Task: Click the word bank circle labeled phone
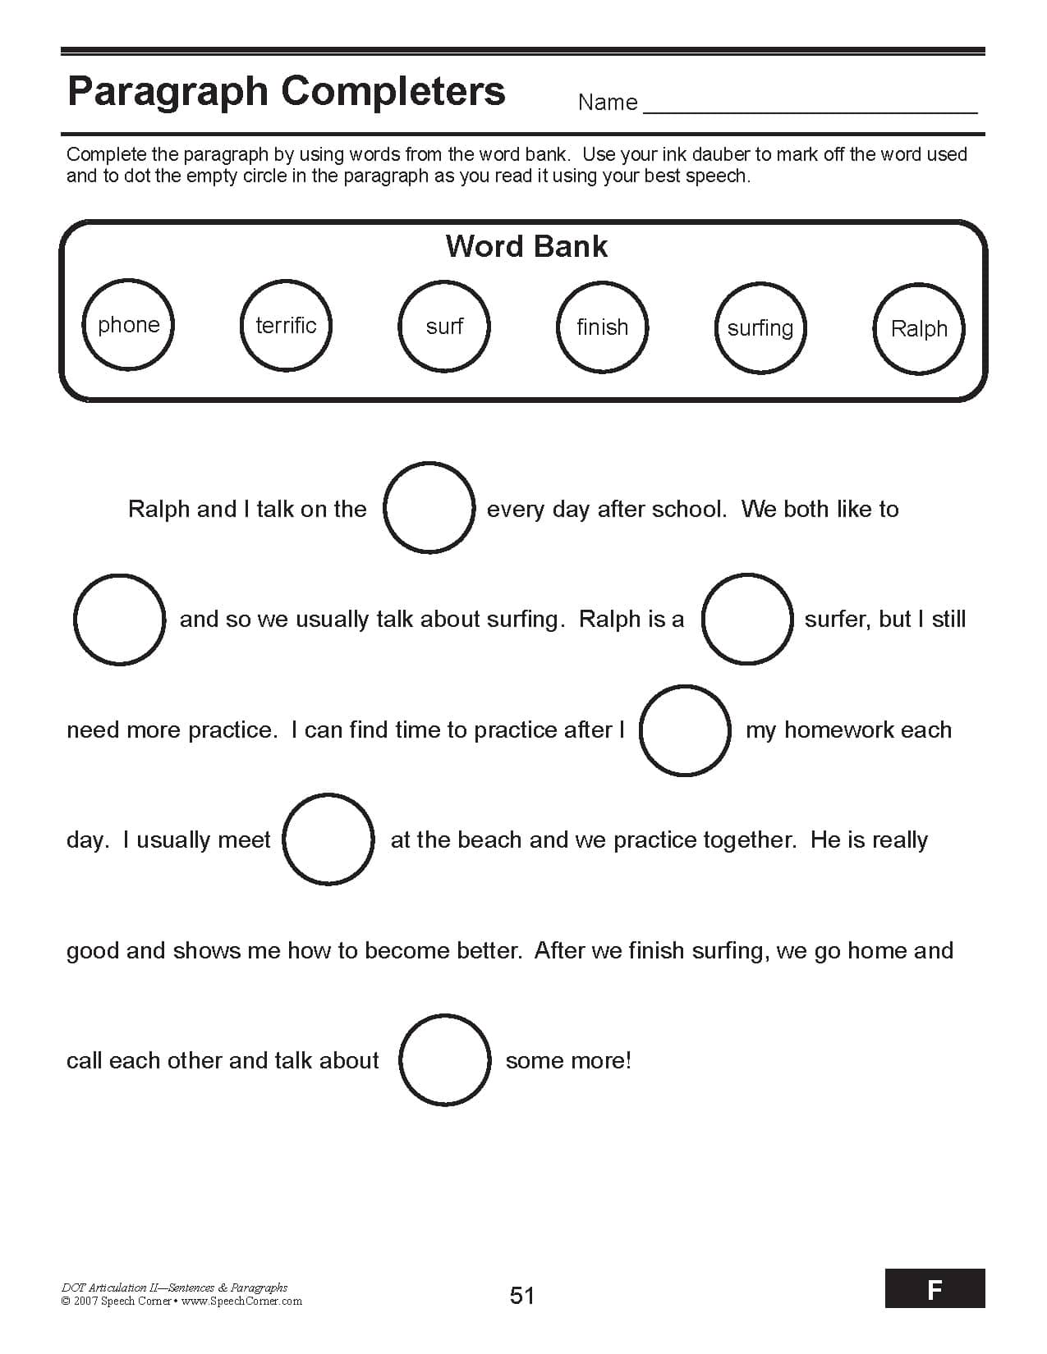tap(129, 324)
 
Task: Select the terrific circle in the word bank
tap(287, 325)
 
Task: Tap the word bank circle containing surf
tap(444, 326)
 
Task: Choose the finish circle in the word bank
tap(602, 327)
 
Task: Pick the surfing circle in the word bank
tap(760, 327)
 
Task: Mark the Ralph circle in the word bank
tap(918, 328)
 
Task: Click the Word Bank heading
tap(526, 246)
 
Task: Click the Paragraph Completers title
tap(286, 91)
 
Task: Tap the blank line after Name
tap(810, 105)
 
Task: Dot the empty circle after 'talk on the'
tap(429, 507)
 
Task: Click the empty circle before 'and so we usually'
tap(119, 619)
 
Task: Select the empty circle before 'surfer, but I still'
tap(747, 619)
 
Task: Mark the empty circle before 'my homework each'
tap(685, 730)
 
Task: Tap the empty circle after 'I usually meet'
tap(328, 839)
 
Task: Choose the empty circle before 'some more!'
tap(445, 1059)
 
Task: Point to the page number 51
tap(522, 1295)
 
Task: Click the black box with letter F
tap(934, 1288)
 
